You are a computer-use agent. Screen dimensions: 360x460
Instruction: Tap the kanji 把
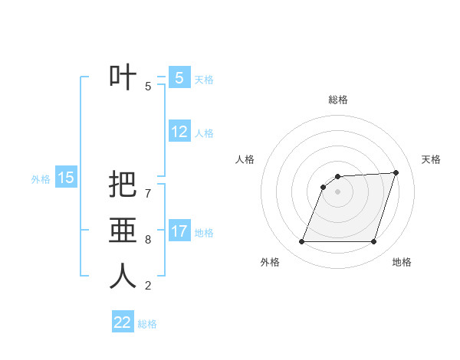[x=123, y=184]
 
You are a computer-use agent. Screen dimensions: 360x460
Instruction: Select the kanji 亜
[x=123, y=230]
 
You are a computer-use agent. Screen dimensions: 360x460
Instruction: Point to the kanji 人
[x=123, y=276]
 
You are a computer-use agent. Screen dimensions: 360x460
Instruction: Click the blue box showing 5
[x=179, y=77]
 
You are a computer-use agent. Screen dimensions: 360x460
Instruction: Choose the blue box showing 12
[x=179, y=132]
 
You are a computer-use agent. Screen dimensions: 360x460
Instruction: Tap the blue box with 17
[x=179, y=231]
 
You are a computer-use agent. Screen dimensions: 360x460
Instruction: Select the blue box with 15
[x=65, y=178]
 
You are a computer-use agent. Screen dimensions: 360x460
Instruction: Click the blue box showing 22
[x=123, y=322]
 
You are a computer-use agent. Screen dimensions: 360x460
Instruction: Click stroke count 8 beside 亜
[x=148, y=240]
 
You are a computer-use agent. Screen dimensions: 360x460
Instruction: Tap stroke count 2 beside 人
[x=148, y=286]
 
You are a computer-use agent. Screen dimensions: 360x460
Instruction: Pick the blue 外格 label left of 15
[x=41, y=179]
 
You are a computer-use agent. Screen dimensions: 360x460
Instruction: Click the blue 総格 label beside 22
[x=147, y=324]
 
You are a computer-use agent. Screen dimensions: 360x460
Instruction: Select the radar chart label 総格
[x=338, y=100]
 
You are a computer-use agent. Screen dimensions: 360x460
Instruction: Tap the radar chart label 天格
[x=431, y=159]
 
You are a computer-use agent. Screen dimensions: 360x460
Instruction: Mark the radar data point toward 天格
[x=396, y=172]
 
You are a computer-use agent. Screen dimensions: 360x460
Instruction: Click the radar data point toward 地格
[x=374, y=242]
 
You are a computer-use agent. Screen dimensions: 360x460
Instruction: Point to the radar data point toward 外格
[x=302, y=242]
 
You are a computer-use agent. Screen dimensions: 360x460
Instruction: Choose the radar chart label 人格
[x=245, y=159]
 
